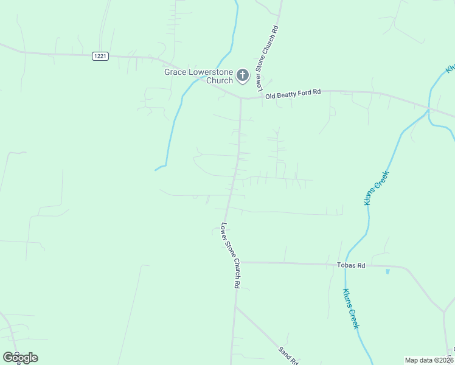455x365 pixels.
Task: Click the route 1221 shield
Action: [x=100, y=56]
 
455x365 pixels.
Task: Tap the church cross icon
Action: [x=242, y=75]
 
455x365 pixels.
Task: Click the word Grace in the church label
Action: [x=175, y=72]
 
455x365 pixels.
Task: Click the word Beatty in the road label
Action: [x=292, y=92]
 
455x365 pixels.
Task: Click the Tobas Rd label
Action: [x=351, y=266]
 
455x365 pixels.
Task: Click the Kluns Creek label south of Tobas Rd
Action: [x=351, y=308]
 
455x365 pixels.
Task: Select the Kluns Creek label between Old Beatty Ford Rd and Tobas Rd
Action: [x=377, y=188]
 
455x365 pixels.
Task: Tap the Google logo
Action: [x=20, y=358]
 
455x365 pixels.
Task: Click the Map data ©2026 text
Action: [x=429, y=360]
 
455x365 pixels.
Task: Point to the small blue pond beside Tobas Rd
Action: [x=387, y=271]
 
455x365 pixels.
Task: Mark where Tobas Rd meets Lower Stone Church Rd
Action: [x=234, y=262]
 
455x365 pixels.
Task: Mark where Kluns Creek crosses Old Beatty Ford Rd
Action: [x=429, y=109]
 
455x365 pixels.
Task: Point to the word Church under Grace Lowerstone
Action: [x=220, y=80]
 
